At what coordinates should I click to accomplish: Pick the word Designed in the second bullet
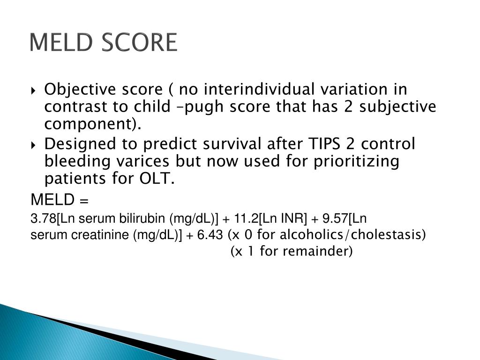(75, 144)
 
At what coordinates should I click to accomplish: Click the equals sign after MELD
(84, 201)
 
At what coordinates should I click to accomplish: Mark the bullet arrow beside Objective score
(37, 90)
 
